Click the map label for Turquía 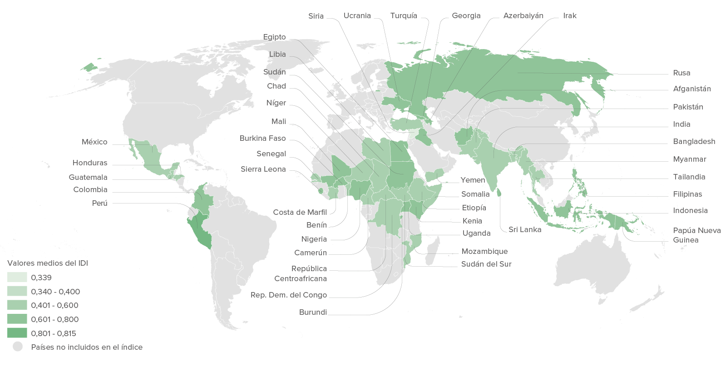click(403, 16)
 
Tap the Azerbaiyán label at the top click(523, 16)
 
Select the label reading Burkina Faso click(262, 138)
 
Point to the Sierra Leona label click(263, 169)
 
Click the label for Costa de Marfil click(300, 212)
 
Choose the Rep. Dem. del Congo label click(288, 295)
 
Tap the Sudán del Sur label click(486, 264)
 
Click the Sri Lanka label click(524, 230)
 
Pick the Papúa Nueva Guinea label click(696, 235)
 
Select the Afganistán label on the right click(691, 89)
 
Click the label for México click(94, 142)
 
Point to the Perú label click(99, 203)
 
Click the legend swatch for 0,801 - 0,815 click(17, 333)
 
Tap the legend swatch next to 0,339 click(17, 277)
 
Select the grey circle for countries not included click(18, 347)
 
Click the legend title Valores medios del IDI click(47, 263)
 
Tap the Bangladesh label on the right click(694, 142)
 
